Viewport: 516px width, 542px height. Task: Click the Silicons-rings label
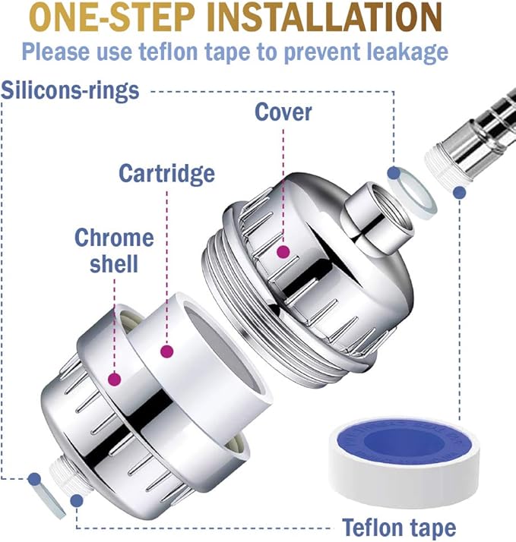point(71,90)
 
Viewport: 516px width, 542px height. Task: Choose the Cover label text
point(283,112)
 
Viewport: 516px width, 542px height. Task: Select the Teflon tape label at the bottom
point(399,527)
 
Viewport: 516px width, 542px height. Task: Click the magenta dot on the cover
point(283,251)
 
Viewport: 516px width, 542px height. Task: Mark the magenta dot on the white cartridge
point(166,351)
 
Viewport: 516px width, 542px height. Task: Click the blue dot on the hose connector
point(458,194)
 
